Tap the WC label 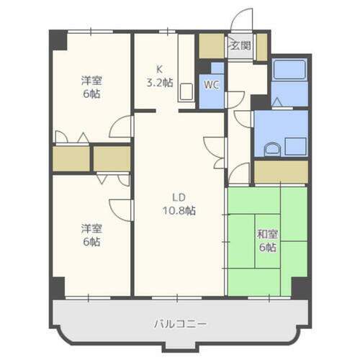click(211, 84)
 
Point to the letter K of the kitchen click(161, 70)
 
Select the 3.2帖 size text click(161, 82)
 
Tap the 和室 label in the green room click(269, 234)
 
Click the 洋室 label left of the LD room click(91, 229)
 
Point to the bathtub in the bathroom click(289, 72)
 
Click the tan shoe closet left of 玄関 click(212, 45)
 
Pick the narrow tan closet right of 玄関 click(261, 47)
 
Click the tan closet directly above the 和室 click(282, 172)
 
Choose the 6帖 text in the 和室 click(269, 248)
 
